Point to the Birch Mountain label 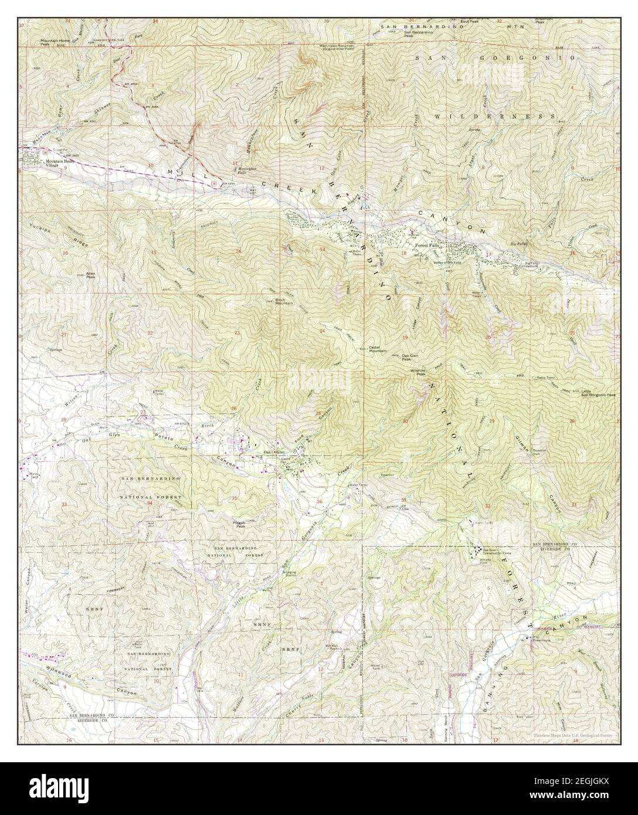(285, 301)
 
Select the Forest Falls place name (428, 246)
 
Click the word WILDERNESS (495, 117)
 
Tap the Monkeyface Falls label (247, 171)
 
